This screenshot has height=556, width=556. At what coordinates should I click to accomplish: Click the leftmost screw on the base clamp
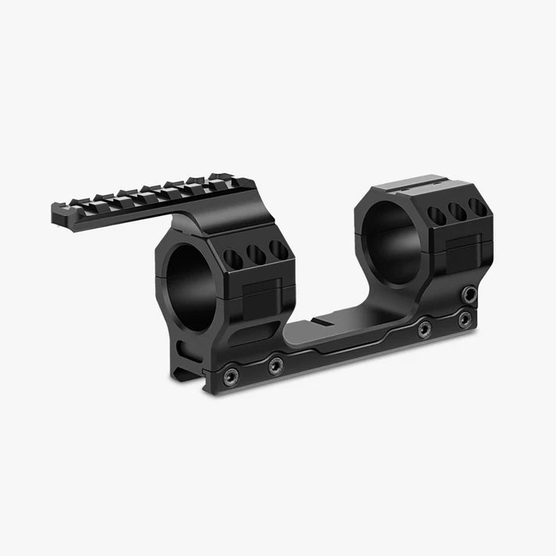[229, 378]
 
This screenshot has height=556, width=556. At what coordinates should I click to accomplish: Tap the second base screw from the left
[275, 364]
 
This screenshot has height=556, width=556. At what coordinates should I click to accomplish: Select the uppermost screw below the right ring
[469, 295]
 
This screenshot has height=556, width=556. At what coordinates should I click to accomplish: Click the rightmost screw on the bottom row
[465, 318]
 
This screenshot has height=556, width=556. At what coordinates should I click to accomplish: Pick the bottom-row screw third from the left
[424, 330]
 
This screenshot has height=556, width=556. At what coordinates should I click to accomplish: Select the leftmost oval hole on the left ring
[233, 257]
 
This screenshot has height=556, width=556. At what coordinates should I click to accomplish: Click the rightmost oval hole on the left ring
[277, 249]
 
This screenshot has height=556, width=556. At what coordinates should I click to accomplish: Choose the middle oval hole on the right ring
[458, 211]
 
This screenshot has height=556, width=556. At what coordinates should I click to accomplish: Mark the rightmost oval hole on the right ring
[476, 207]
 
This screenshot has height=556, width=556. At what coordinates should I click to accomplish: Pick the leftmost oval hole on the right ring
[438, 215]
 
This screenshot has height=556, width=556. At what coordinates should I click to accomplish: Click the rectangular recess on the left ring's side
[263, 296]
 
